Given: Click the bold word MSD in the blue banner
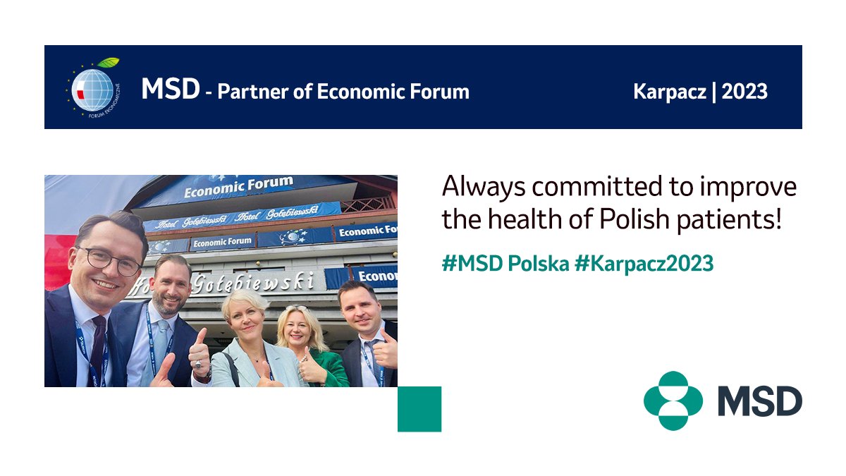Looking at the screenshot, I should (x=170, y=90).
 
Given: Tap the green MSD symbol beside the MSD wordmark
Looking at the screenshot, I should (x=673, y=401).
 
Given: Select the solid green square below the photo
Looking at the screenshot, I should (x=419, y=409).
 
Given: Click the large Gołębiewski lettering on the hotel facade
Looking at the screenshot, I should (x=233, y=283).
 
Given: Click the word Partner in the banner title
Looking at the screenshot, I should (x=252, y=92).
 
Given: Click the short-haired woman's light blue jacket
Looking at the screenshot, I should (x=229, y=370).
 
